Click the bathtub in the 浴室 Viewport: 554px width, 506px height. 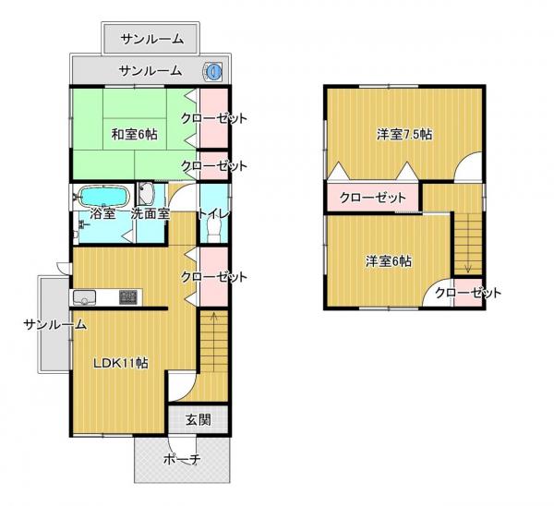(x=102, y=196)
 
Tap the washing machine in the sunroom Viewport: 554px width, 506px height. (x=212, y=72)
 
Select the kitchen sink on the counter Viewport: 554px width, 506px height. (x=84, y=297)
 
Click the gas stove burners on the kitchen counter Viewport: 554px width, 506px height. (x=128, y=297)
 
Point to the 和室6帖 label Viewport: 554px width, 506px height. (x=134, y=134)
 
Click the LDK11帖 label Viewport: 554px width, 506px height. (x=120, y=363)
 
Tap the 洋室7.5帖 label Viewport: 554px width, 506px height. (x=404, y=134)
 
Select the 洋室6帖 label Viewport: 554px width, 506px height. (x=389, y=261)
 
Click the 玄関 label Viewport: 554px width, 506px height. (x=199, y=420)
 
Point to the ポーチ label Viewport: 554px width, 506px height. (x=182, y=459)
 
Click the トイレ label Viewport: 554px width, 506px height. (x=214, y=213)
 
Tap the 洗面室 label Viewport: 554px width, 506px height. (x=151, y=213)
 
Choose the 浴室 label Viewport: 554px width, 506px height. (x=102, y=213)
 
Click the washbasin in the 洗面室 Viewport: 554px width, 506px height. (x=145, y=194)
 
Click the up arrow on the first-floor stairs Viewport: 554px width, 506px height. (x=214, y=316)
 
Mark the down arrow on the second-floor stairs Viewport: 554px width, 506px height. (x=468, y=269)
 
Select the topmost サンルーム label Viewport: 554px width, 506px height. (x=152, y=39)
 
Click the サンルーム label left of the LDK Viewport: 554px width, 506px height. (x=54, y=324)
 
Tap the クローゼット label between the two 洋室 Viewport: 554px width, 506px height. (x=373, y=198)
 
